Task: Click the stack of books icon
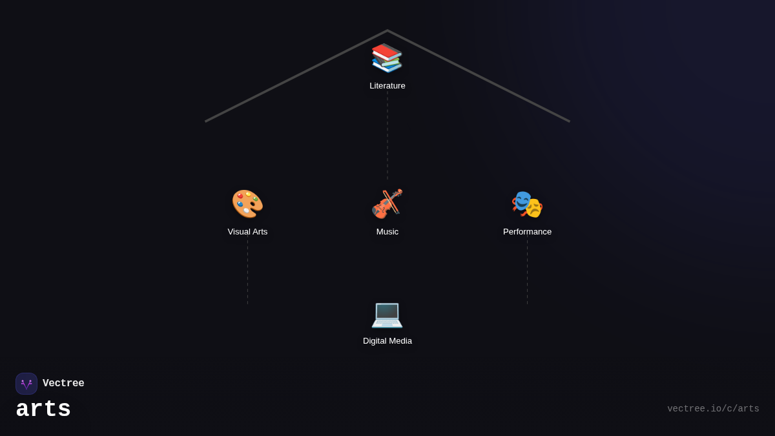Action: coord(387,57)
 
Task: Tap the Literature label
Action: coord(387,86)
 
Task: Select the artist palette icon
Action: coord(247,203)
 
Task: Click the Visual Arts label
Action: coord(247,232)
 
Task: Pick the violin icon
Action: coord(387,203)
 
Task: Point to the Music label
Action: coord(387,232)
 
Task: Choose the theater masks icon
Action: coord(527,204)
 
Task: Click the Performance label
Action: coord(527,232)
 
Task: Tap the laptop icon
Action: coord(387,313)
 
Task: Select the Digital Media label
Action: coord(387,341)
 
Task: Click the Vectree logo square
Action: coord(26,384)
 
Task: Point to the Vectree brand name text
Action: coord(63,384)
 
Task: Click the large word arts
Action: coord(43,410)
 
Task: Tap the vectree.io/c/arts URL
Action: coord(713,409)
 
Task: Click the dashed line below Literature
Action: coord(387,136)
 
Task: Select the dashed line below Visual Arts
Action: coord(247,271)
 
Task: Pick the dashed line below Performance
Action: coord(527,271)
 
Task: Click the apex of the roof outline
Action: coord(387,31)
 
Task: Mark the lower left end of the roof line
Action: coord(206,121)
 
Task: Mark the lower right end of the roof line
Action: coord(569,121)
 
